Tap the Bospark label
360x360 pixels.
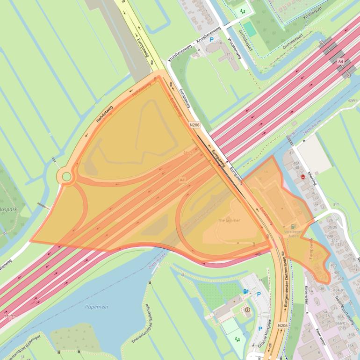8,210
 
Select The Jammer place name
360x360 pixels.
229,220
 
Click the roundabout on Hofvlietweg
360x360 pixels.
66,177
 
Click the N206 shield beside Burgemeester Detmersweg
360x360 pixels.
282,325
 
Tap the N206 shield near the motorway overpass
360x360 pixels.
194,125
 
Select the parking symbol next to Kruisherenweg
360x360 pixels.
211,40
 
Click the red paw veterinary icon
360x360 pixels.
303,178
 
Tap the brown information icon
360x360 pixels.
247,310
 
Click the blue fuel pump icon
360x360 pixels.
245,291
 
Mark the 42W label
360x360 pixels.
352,101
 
